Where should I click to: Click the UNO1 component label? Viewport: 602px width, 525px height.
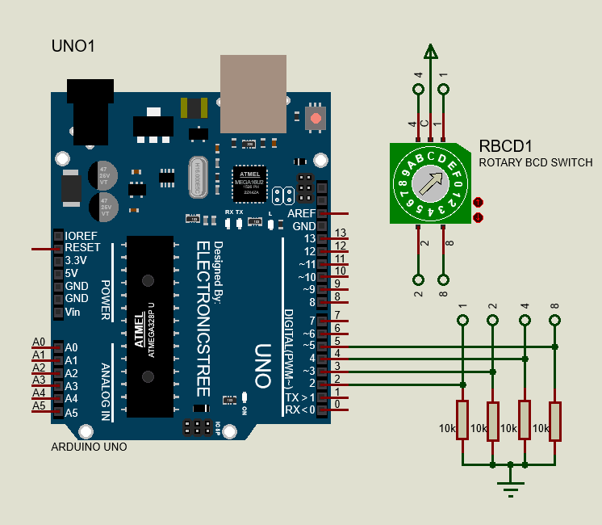click(73, 46)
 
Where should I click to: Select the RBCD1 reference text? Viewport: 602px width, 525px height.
click(506, 146)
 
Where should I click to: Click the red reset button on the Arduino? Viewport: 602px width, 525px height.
click(315, 119)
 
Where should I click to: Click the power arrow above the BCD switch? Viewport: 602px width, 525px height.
click(431, 52)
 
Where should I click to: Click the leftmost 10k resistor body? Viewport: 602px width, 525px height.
click(462, 419)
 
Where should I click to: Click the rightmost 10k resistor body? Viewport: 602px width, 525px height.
click(554, 419)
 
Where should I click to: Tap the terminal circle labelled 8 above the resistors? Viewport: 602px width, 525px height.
click(554, 321)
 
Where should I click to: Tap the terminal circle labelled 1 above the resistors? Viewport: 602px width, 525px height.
click(462, 321)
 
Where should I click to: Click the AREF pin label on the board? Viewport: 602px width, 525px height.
click(301, 213)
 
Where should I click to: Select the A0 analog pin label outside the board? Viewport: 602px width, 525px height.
click(39, 342)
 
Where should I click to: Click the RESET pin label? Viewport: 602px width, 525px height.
click(82, 247)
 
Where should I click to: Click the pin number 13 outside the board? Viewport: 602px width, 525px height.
click(340, 233)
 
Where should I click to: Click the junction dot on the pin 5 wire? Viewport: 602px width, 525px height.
click(555, 347)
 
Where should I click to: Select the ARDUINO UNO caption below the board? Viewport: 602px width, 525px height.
click(89, 446)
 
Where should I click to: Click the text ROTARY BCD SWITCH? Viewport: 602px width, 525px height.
click(536, 163)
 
